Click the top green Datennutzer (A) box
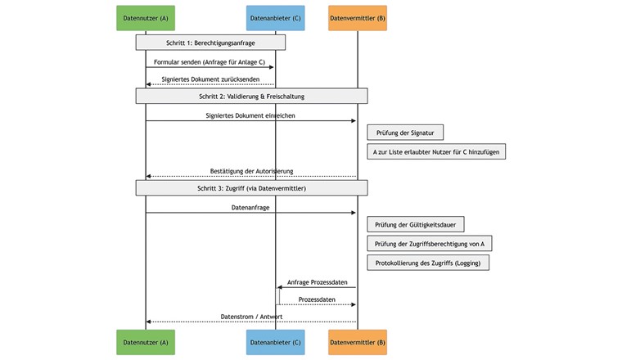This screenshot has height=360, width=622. tap(146, 18)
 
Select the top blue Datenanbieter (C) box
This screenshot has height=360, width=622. tap(275, 18)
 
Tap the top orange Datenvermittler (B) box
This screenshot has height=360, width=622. tap(358, 18)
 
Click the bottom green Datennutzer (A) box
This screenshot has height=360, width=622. tap(146, 342)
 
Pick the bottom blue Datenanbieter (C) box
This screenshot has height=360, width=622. tap(275, 342)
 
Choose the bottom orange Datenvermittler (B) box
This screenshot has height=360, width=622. tap(358, 342)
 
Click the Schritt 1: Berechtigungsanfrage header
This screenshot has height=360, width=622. tap(210, 42)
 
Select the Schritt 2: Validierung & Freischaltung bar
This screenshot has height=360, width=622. tap(251, 96)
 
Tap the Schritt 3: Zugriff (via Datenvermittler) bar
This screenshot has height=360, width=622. tap(251, 187)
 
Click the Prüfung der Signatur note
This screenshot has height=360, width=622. tap(405, 133)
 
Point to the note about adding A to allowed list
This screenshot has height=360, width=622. tap(436, 151)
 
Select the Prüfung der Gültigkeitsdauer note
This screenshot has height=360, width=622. tap(416, 224)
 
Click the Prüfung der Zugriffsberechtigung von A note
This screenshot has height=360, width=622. tap(430, 243)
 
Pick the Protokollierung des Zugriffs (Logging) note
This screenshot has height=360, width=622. tap(428, 263)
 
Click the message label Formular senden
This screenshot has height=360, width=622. tap(210, 61)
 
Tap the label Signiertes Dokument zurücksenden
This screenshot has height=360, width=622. tap(210, 79)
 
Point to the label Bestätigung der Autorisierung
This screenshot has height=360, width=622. tap(251, 171)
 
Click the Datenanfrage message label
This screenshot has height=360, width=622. tap(251, 208)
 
